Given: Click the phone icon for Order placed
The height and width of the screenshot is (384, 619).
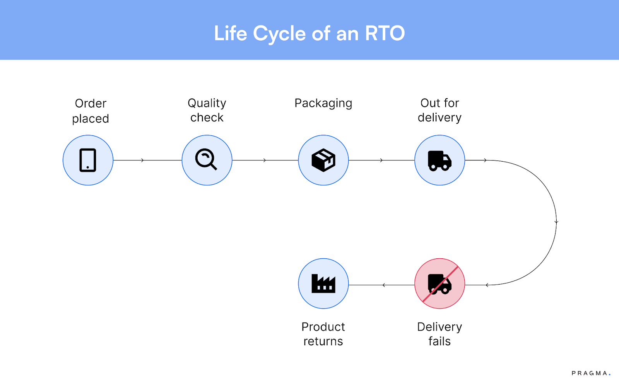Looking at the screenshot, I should point(88,160).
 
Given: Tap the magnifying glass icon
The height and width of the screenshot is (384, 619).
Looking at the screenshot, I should point(206,159).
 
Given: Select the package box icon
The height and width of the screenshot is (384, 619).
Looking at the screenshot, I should point(323,160).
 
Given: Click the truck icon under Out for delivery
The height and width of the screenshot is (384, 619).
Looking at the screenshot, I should point(439,160).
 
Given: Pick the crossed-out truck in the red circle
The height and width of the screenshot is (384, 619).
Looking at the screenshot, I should point(439,283).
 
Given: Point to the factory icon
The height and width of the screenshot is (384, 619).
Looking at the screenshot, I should point(323,283).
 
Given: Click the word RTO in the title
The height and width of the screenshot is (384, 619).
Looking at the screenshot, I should point(385,33).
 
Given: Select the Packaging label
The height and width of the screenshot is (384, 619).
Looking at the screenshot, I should point(323,103).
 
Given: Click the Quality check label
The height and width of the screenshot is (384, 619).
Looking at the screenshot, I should point(207,110).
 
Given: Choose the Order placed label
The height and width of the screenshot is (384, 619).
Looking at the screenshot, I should point(91,111).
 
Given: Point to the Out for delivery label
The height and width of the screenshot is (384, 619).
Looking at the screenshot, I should point(439,110).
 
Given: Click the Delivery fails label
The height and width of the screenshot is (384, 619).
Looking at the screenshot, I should point(439,334).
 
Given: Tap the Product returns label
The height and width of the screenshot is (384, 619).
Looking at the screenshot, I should point(323,334).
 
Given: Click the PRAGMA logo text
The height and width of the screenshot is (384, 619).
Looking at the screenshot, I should point(590,373).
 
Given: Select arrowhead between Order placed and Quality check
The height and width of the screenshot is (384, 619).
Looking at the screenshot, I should point(143,160).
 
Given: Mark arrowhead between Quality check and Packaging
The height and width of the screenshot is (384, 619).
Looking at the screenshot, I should point(265,160).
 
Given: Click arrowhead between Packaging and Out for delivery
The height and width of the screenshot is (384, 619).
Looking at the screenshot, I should point(381,160).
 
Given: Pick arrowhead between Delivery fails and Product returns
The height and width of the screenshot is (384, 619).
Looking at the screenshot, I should point(383,285).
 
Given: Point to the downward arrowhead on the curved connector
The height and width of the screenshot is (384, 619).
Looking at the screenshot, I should point(556,222).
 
